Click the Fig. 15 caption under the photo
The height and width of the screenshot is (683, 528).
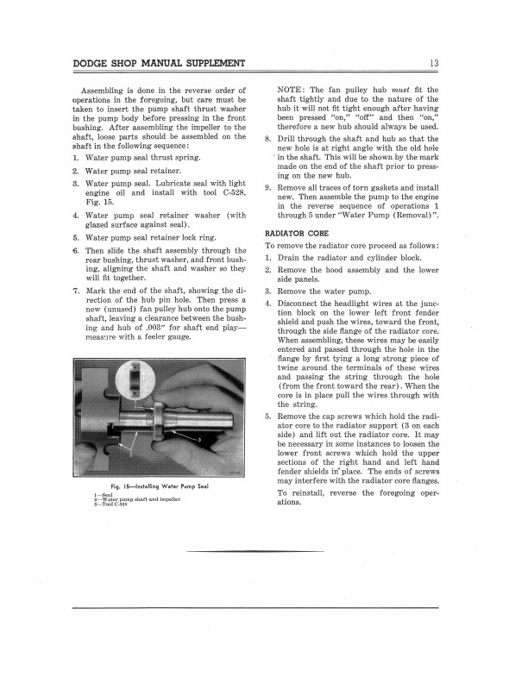(x=164, y=488)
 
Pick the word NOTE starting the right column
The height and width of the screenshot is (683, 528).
(x=293, y=90)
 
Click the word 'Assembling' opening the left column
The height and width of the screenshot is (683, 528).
(x=108, y=90)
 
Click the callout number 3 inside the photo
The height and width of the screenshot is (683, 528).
(x=199, y=439)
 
